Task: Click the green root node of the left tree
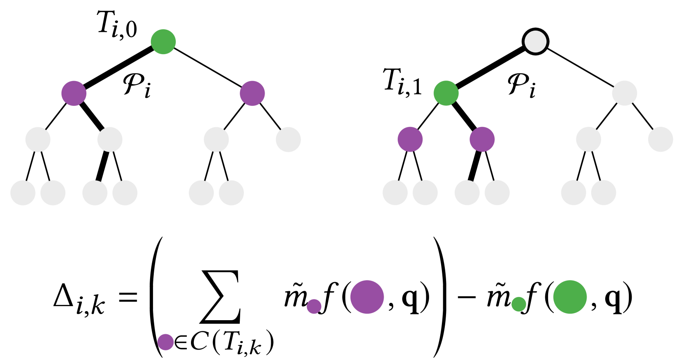163,42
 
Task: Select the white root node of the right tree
535,41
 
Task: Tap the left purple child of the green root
74,93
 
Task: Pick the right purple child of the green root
252,93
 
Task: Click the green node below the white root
446,93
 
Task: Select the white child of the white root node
624,93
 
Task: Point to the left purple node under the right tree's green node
410,139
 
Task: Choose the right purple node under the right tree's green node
482,139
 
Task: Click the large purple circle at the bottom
367,297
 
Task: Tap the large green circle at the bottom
570,297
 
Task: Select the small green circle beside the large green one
519,304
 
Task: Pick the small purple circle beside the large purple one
314,306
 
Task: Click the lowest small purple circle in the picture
165,342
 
